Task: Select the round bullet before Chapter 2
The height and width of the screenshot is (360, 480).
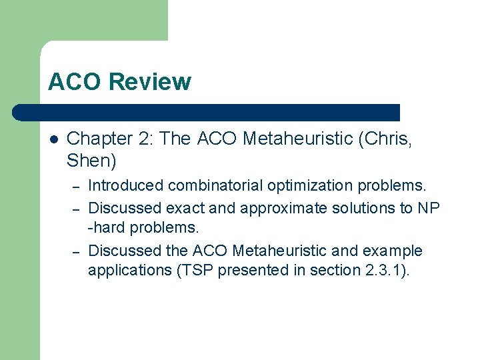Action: click(x=54, y=139)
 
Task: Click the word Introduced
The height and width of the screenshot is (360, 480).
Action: click(x=126, y=185)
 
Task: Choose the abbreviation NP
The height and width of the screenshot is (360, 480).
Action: click(x=429, y=208)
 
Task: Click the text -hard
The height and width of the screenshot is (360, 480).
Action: click(x=107, y=227)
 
